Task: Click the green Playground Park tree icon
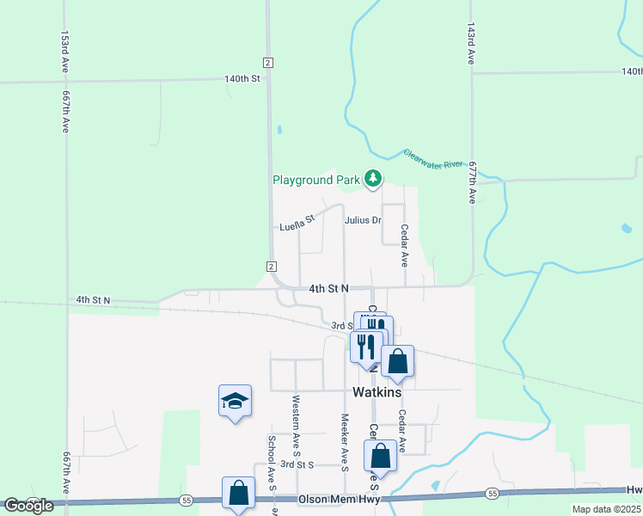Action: tap(372, 178)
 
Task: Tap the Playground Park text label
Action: tap(315, 180)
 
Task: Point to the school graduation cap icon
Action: tap(235, 401)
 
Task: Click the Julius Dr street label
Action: tap(363, 220)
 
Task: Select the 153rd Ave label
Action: tap(64, 51)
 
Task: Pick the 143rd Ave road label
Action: tap(471, 44)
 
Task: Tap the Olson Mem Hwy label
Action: tap(338, 499)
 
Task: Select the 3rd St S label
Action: tap(298, 464)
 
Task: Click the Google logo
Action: tap(28, 506)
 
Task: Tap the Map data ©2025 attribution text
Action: tap(607, 509)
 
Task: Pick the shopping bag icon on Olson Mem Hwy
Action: tap(238, 493)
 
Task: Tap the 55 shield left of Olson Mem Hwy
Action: tap(186, 500)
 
